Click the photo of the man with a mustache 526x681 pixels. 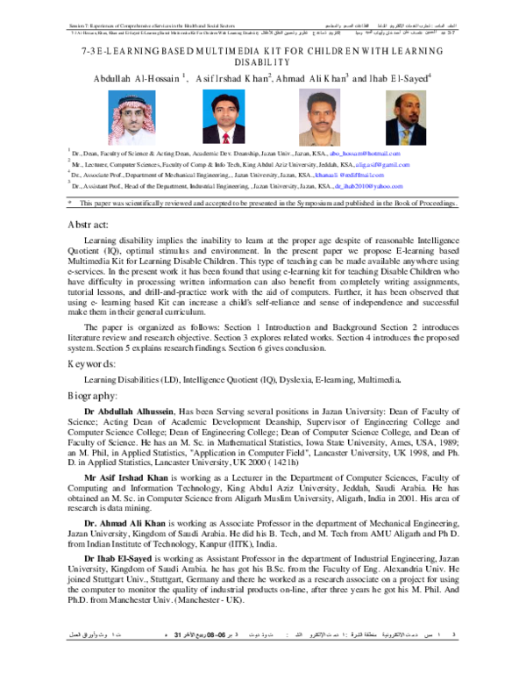point(313,112)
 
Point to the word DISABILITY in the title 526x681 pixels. point(262,64)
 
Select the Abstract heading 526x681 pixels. point(89,226)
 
